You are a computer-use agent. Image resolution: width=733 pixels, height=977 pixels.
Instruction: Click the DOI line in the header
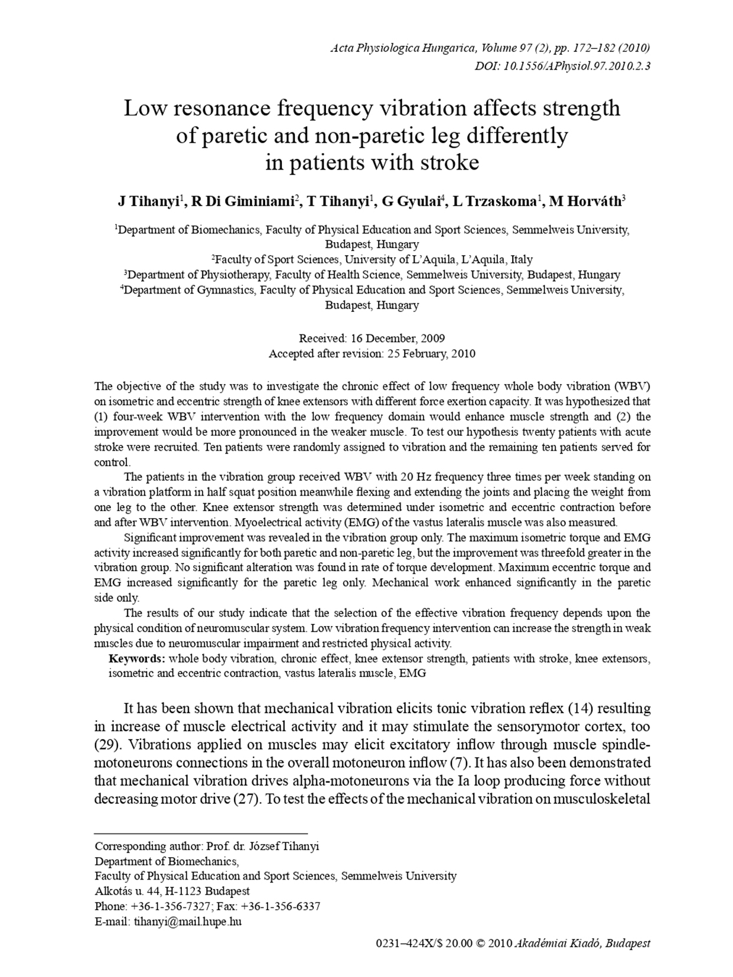tap(562, 66)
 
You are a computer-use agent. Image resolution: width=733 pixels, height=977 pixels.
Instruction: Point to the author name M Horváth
tap(585, 201)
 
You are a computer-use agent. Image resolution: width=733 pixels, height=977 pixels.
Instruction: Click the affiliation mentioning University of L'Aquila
tap(372, 259)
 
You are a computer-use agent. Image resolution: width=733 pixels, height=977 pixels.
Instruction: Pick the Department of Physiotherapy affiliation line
tap(372, 275)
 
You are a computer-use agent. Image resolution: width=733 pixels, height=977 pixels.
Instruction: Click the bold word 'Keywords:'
tap(137, 658)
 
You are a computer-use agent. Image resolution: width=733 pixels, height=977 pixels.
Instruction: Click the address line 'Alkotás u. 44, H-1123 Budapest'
tap(172, 891)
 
